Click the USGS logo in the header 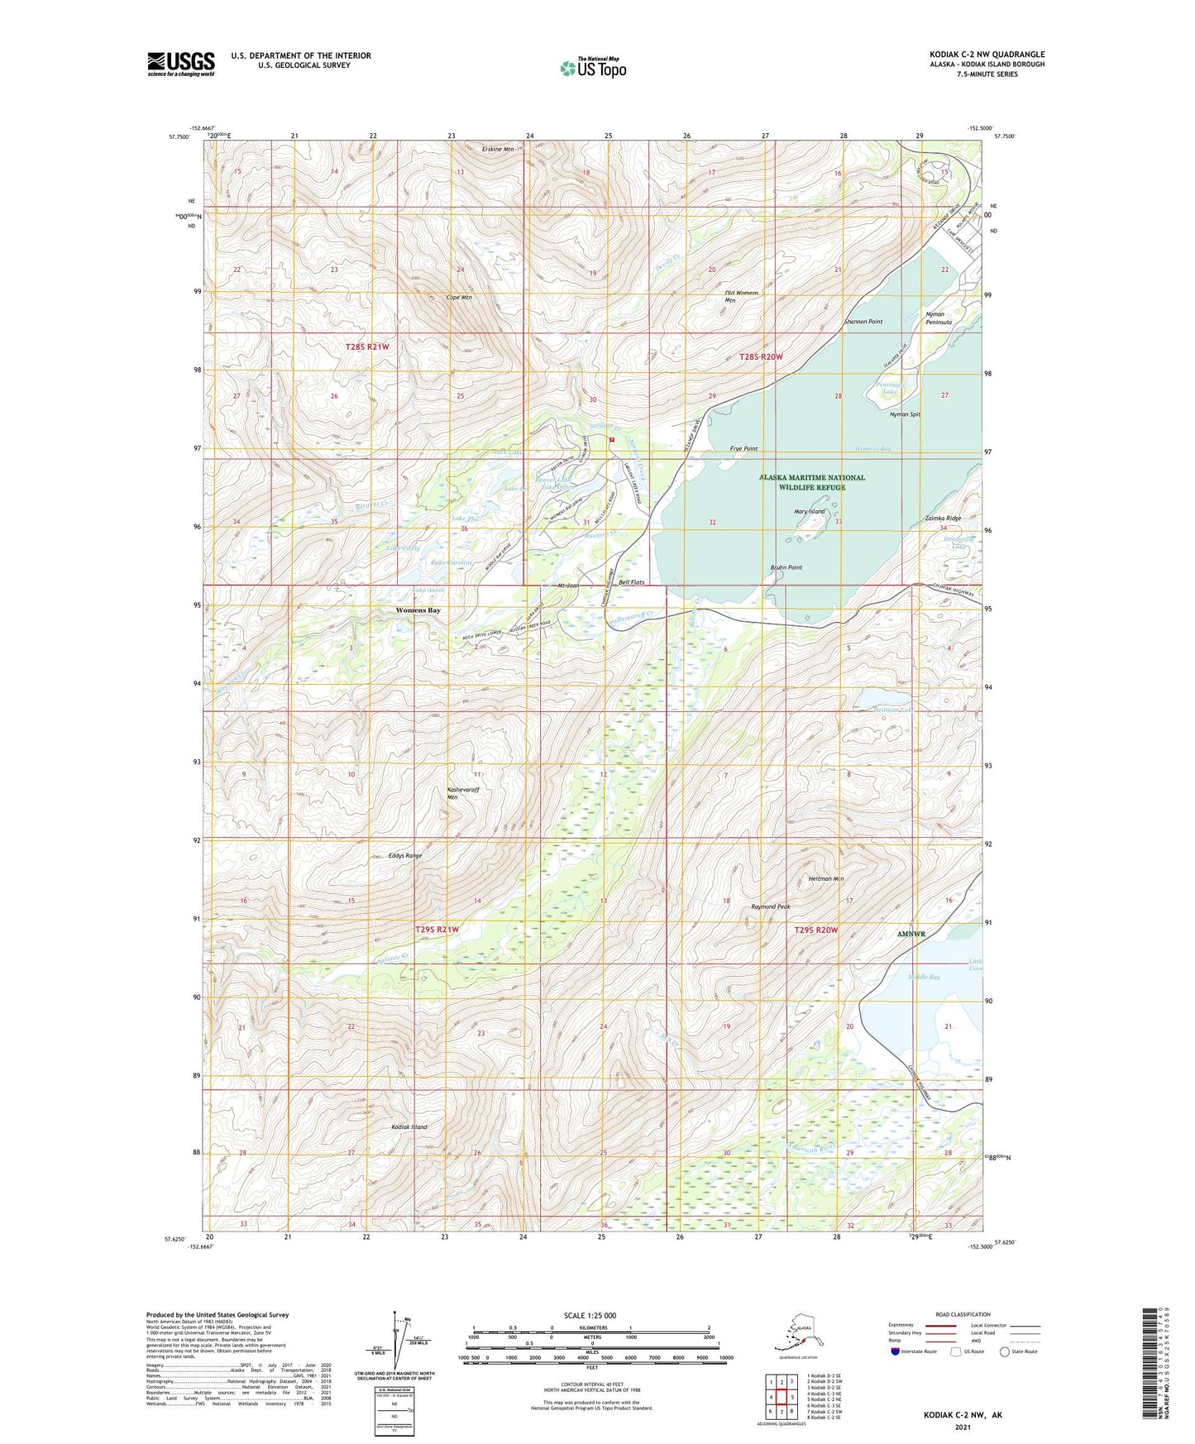pos(180,64)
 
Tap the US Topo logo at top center pos(592,67)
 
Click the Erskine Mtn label pos(498,150)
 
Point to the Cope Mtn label pos(459,297)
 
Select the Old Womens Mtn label pos(741,297)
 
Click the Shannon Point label pos(863,322)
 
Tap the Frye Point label pos(743,448)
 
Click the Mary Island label pos(809,512)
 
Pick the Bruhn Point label pos(786,567)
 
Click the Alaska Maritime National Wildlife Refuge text pos(811,482)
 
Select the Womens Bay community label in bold pos(418,610)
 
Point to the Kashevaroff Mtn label pos(462,793)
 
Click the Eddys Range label pos(404,856)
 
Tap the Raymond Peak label pos(770,906)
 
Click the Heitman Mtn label pos(825,879)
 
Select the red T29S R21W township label pos(437,930)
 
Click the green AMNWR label pos(911,934)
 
